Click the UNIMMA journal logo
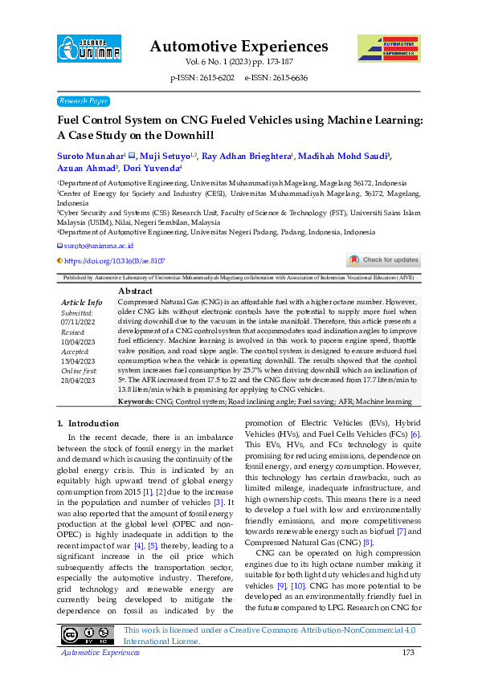[89, 48]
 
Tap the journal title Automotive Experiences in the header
[239, 46]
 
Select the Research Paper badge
[83, 101]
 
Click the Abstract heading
[135, 290]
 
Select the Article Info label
[82, 302]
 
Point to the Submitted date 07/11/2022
[77, 321]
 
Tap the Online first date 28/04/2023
[77, 380]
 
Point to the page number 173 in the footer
[407, 653]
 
